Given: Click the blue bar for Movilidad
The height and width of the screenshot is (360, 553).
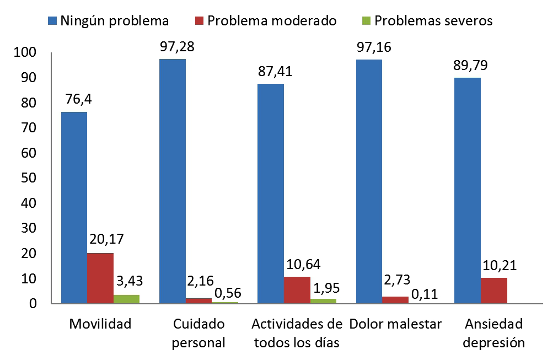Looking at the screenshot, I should pyautogui.click(x=74, y=208).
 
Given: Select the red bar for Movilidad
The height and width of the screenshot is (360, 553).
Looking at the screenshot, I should pyautogui.click(x=100, y=278).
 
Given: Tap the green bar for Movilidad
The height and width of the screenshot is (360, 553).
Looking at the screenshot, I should pyautogui.click(x=126, y=299).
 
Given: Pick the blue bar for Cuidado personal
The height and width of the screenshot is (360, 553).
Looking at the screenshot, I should pyautogui.click(x=172, y=181).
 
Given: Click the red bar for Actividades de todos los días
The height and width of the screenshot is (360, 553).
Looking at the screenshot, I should pyautogui.click(x=297, y=290).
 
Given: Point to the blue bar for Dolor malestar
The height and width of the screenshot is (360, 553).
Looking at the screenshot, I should pyautogui.click(x=369, y=181).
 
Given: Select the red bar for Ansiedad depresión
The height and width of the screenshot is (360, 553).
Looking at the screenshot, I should pyautogui.click(x=493, y=291).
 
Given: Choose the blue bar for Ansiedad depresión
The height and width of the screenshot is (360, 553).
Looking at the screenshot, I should pyautogui.click(x=468, y=191).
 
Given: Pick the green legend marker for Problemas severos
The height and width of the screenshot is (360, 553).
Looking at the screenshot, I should pyautogui.click(x=366, y=22).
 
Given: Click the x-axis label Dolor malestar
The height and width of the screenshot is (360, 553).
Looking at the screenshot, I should pyautogui.click(x=395, y=324).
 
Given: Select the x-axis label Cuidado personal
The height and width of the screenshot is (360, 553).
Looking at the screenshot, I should pyautogui.click(x=198, y=333).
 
